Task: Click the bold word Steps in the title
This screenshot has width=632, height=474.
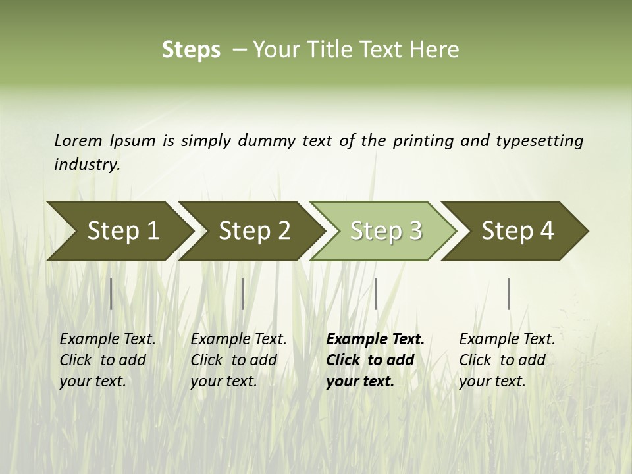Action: click(191, 50)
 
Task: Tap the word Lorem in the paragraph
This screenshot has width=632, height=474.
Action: click(78, 140)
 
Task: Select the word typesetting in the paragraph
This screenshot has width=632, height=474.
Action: click(539, 140)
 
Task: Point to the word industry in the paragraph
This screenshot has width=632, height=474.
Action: click(86, 164)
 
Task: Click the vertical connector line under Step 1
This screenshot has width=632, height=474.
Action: click(111, 294)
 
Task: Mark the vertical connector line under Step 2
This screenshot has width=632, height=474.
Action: click(243, 294)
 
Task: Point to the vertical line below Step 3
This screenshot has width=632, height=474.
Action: click(375, 294)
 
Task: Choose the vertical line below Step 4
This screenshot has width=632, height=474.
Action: click(508, 294)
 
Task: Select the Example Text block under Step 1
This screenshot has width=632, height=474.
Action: click(107, 360)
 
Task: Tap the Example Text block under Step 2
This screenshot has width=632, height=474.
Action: click(238, 360)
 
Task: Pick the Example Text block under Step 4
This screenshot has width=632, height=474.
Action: click(507, 360)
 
